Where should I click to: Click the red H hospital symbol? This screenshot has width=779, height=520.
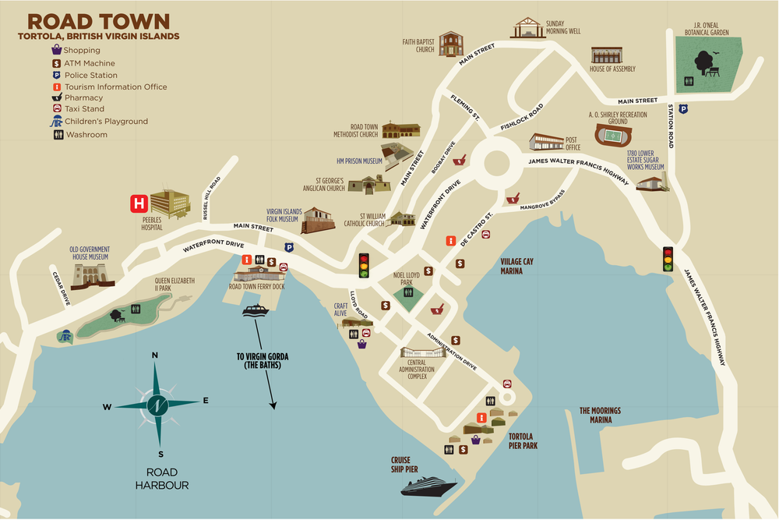click(x=139, y=204)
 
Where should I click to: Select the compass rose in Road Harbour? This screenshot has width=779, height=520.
click(x=157, y=404)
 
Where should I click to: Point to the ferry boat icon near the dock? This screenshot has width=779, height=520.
click(x=256, y=311)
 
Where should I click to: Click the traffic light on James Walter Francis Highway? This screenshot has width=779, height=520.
click(x=668, y=259)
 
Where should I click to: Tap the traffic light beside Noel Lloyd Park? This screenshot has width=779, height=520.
click(x=364, y=266)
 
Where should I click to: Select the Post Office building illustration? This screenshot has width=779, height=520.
click(x=546, y=142)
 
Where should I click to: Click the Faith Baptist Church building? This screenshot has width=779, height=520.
click(x=451, y=44)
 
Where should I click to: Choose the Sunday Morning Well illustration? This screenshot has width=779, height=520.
click(x=527, y=29)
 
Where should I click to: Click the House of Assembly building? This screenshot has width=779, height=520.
click(x=608, y=55)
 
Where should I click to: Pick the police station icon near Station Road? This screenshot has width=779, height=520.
click(x=683, y=109)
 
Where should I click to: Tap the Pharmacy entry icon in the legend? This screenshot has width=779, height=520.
click(x=57, y=98)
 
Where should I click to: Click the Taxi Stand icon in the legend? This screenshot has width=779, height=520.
click(x=57, y=110)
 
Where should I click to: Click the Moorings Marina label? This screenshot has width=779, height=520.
click(x=602, y=415)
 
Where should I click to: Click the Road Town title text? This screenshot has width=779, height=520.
click(x=99, y=21)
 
